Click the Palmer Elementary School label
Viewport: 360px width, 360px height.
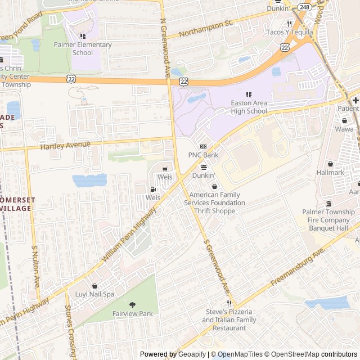92,48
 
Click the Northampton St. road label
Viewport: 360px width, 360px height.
206,29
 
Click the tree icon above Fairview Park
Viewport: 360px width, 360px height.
132,304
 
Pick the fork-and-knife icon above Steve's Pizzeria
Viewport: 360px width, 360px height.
229,303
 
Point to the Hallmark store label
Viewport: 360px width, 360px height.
330,172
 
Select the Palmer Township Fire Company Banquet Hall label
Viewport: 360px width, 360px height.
329,216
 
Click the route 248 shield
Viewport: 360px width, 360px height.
304,7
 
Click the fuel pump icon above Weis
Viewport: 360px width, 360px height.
153,190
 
